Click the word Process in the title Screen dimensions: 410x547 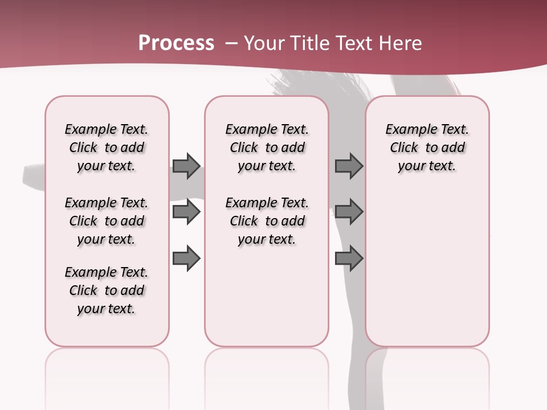click(176, 43)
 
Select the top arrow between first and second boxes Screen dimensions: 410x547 click(186, 166)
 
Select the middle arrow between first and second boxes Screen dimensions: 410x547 click(186, 212)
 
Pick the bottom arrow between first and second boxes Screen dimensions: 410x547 click(186, 259)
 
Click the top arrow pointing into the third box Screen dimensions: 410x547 click(349, 166)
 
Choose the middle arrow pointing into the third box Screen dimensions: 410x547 click(349, 212)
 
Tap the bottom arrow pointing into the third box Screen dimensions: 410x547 click(349, 259)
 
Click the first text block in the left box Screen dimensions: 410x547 click(107, 147)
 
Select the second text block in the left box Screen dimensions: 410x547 click(107, 221)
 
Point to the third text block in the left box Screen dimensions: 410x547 click(107, 290)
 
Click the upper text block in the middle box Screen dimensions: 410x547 click(267, 147)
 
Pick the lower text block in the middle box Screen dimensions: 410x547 click(267, 221)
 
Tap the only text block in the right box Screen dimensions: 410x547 click(427, 147)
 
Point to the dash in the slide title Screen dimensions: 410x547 click(231, 43)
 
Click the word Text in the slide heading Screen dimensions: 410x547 click(353, 43)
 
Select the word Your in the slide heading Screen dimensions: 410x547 click(265, 43)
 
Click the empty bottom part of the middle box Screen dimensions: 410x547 click(267, 302)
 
